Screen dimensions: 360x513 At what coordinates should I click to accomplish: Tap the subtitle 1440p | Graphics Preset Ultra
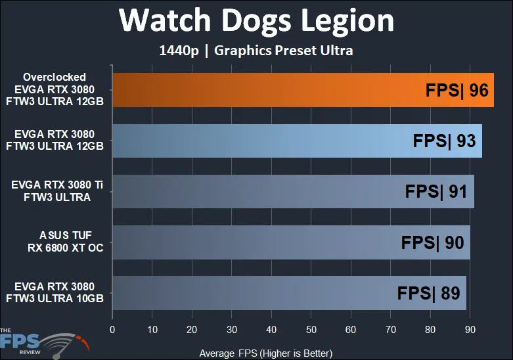click(x=256, y=51)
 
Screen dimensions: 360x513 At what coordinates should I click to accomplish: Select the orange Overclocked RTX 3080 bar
click(x=263, y=90)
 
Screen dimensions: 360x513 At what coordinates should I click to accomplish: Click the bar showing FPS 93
click(x=263, y=141)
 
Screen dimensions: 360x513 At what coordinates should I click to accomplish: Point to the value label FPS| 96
click(x=457, y=90)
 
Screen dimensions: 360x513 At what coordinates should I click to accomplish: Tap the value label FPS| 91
click(x=436, y=191)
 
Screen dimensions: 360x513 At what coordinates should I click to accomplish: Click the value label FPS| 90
click(x=432, y=242)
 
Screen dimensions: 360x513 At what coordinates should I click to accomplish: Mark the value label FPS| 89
click(x=428, y=293)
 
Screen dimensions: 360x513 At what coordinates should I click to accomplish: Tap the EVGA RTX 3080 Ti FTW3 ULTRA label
click(x=58, y=191)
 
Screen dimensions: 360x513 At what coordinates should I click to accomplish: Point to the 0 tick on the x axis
click(x=113, y=329)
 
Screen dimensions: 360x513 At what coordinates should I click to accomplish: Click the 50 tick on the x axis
click(x=311, y=329)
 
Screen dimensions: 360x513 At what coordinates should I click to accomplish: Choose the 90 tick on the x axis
click(x=470, y=329)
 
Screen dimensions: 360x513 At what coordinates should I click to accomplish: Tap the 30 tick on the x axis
click(x=232, y=329)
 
